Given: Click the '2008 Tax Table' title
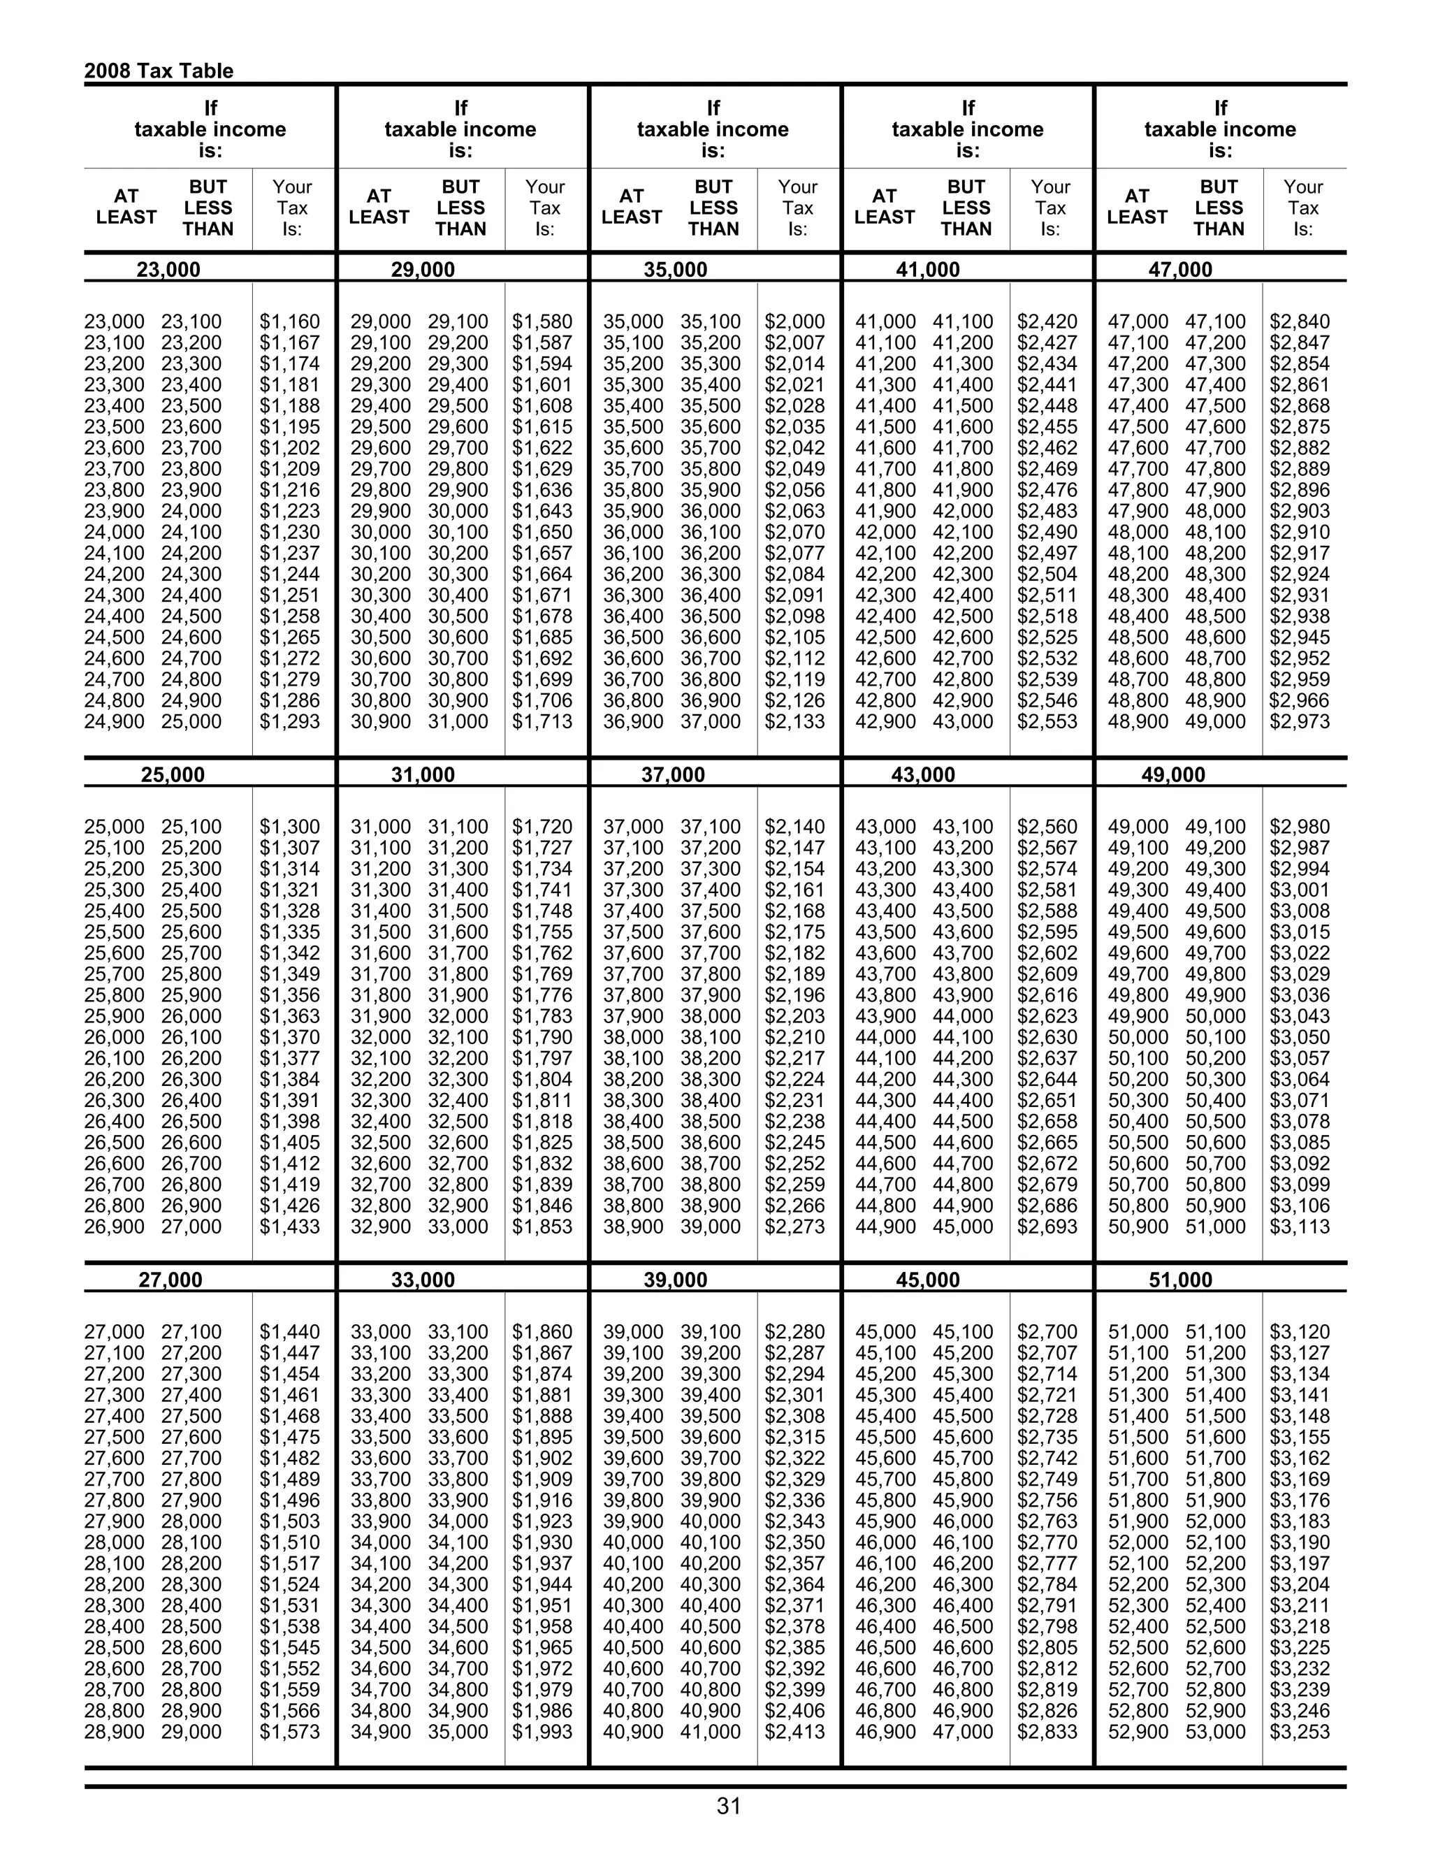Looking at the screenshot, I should (159, 71).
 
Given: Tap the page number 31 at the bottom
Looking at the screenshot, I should (728, 1806).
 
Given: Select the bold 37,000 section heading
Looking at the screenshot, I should (673, 774).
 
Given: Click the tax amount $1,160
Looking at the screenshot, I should (290, 322).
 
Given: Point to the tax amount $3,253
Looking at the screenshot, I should (1300, 1732).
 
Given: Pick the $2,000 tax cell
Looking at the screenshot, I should (794, 322).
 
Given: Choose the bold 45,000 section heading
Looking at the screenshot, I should (927, 1280).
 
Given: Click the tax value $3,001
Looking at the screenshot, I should (1300, 890).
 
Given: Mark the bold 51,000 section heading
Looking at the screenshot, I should (1180, 1280).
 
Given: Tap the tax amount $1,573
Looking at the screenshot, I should (290, 1732).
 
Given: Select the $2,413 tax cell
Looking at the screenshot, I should (794, 1732).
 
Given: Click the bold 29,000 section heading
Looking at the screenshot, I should (422, 270).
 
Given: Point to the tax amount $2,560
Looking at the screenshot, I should (1047, 827).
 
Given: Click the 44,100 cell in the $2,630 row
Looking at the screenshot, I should (963, 1037).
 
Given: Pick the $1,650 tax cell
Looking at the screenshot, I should (542, 533).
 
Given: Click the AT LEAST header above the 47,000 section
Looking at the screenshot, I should (1137, 207).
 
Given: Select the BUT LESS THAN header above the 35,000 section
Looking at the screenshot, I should (713, 207).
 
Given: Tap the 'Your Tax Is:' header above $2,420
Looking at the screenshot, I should (1050, 207).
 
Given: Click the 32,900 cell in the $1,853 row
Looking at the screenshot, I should (381, 1227).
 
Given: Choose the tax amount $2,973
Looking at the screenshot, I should (1300, 722).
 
